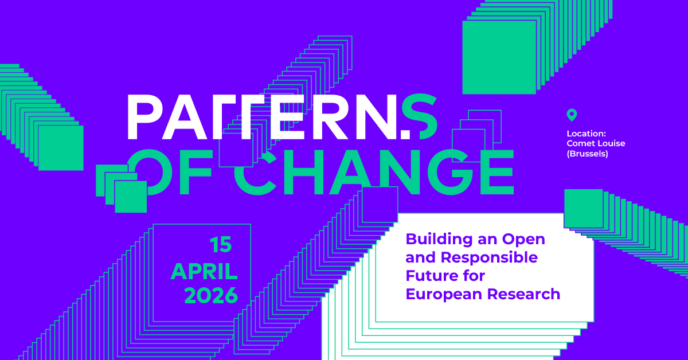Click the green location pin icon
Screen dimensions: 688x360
click(572, 115)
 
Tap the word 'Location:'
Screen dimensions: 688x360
click(587, 134)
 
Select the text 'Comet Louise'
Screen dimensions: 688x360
click(596, 143)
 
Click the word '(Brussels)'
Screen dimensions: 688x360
click(587, 154)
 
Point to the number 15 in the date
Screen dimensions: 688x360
click(221, 245)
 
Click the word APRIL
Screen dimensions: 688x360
click(204, 272)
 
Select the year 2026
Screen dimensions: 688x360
click(211, 295)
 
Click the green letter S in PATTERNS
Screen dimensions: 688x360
click(420, 116)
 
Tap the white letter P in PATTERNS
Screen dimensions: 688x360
click(144, 117)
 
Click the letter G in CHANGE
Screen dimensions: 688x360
click(450, 172)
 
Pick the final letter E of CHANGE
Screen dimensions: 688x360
click(497, 172)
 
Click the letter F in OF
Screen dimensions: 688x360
click(196, 172)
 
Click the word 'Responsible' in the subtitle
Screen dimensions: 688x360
click(489, 257)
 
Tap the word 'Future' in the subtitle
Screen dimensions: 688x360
click(429, 276)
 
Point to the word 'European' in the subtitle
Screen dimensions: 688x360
click(444, 295)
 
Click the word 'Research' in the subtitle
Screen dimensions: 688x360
click(523, 294)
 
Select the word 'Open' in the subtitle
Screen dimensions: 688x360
click(523, 240)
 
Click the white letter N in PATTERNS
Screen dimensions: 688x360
click(380, 117)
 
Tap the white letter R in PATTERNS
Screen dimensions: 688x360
click(330, 117)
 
